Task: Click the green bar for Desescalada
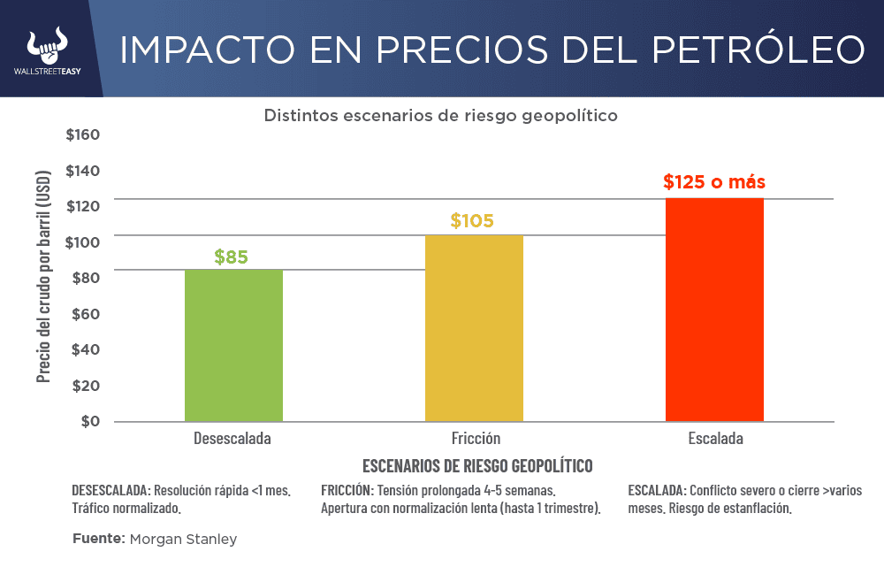tap(233, 345)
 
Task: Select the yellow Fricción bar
tap(474, 327)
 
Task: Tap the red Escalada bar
tap(714, 310)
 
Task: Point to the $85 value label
tap(232, 257)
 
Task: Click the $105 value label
tap(472, 220)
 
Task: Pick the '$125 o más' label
tap(714, 183)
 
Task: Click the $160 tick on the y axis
tap(83, 135)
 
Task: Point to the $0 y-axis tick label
tap(90, 421)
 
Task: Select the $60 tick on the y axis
tap(86, 314)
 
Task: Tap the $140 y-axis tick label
tap(83, 171)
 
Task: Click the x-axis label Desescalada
tap(232, 439)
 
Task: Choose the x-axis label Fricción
tap(476, 439)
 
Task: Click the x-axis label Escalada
tap(715, 439)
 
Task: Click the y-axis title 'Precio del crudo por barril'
tap(44, 278)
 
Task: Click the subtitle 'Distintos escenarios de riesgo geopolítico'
tap(440, 116)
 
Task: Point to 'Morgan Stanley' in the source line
tap(183, 539)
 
